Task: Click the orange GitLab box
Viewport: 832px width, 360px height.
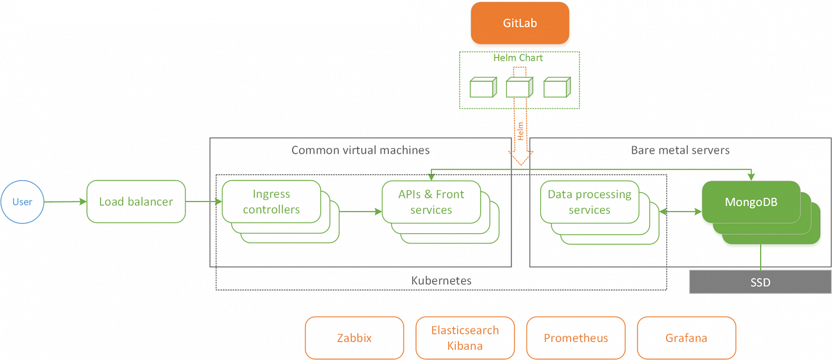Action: point(520,23)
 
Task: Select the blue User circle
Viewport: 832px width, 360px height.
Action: point(23,202)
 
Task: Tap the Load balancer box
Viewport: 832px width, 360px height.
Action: point(136,202)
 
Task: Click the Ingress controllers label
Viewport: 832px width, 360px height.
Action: point(271,202)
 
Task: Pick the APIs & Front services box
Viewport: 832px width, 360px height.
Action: point(431,202)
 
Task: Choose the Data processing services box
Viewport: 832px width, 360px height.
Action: point(589,202)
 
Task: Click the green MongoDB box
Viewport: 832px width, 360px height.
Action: point(751,202)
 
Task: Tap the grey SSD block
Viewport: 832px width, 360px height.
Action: point(759,282)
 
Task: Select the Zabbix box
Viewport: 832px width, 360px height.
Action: point(354,338)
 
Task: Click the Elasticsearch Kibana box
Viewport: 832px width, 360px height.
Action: point(465,338)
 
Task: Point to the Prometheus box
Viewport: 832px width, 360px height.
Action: point(576,338)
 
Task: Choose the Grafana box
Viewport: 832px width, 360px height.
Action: point(686,338)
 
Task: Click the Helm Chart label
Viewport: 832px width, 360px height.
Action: point(518,58)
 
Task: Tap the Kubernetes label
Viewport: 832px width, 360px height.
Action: point(441,280)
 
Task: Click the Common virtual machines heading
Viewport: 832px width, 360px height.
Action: point(360,150)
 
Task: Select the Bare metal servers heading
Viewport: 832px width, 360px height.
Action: point(680,150)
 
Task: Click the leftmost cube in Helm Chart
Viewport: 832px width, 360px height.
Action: point(482,87)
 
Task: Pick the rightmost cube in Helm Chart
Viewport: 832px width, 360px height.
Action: point(557,87)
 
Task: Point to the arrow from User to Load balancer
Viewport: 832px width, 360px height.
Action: point(65,202)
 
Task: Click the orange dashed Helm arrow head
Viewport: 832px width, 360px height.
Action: point(521,158)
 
